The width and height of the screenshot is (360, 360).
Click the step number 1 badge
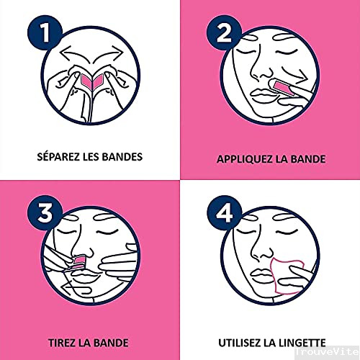[45, 32]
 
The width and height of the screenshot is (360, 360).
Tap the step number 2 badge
[224, 32]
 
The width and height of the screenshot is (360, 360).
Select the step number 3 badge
[45, 212]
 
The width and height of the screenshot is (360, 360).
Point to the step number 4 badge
[224, 212]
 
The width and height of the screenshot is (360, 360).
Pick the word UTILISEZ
[240, 343]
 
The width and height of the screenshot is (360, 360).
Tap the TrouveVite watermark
[327, 351]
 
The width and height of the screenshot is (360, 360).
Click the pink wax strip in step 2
[283, 89]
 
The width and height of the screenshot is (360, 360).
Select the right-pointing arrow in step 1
[109, 54]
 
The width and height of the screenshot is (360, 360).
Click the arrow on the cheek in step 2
[294, 74]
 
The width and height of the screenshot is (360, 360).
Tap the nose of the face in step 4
[263, 250]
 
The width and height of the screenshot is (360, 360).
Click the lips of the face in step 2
[262, 95]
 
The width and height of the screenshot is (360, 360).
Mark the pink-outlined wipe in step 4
[286, 276]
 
